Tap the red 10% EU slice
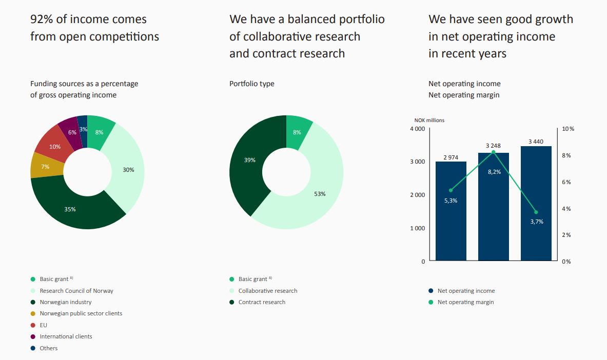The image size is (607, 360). [x=54, y=147]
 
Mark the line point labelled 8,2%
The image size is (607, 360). [x=493, y=152]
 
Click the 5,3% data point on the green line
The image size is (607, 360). [x=451, y=190]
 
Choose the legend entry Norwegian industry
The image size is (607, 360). [x=66, y=302]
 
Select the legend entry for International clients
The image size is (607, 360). [x=66, y=336]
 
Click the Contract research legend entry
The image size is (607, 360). [x=262, y=302]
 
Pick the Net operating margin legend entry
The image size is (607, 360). [x=465, y=302]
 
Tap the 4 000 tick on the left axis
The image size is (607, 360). [x=417, y=129]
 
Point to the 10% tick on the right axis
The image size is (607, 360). [x=568, y=129]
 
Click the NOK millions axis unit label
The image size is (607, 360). [x=429, y=120]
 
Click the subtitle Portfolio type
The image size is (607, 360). [x=251, y=84]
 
